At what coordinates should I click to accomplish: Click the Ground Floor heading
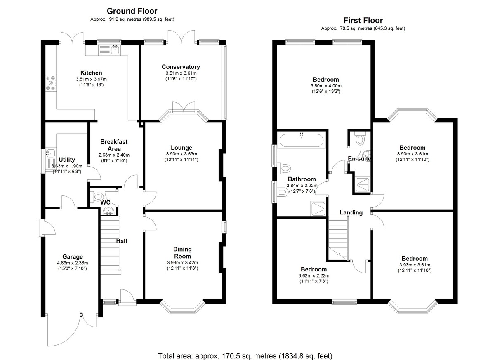(132, 11)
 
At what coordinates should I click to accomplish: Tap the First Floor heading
(363, 20)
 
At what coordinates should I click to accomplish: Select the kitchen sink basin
(115, 50)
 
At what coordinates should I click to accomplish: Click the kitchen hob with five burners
(51, 83)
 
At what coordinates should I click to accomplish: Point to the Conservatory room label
(181, 67)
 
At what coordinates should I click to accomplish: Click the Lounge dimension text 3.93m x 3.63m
(181, 154)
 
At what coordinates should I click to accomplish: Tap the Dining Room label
(182, 253)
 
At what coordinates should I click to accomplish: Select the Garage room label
(73, 256)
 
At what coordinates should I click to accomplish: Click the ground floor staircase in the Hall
(111, 245)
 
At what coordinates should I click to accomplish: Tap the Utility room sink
(51, 153)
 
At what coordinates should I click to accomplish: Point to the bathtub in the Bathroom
(302, 140)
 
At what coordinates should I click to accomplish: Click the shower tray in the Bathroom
(318, 209)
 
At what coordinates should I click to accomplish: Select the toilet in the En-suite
(360, 138)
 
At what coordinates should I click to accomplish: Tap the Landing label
(351, 212)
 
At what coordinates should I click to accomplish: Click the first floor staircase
(338, 238)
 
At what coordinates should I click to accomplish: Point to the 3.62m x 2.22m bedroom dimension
(314, 275)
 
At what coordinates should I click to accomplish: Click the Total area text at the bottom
(245, 356)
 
